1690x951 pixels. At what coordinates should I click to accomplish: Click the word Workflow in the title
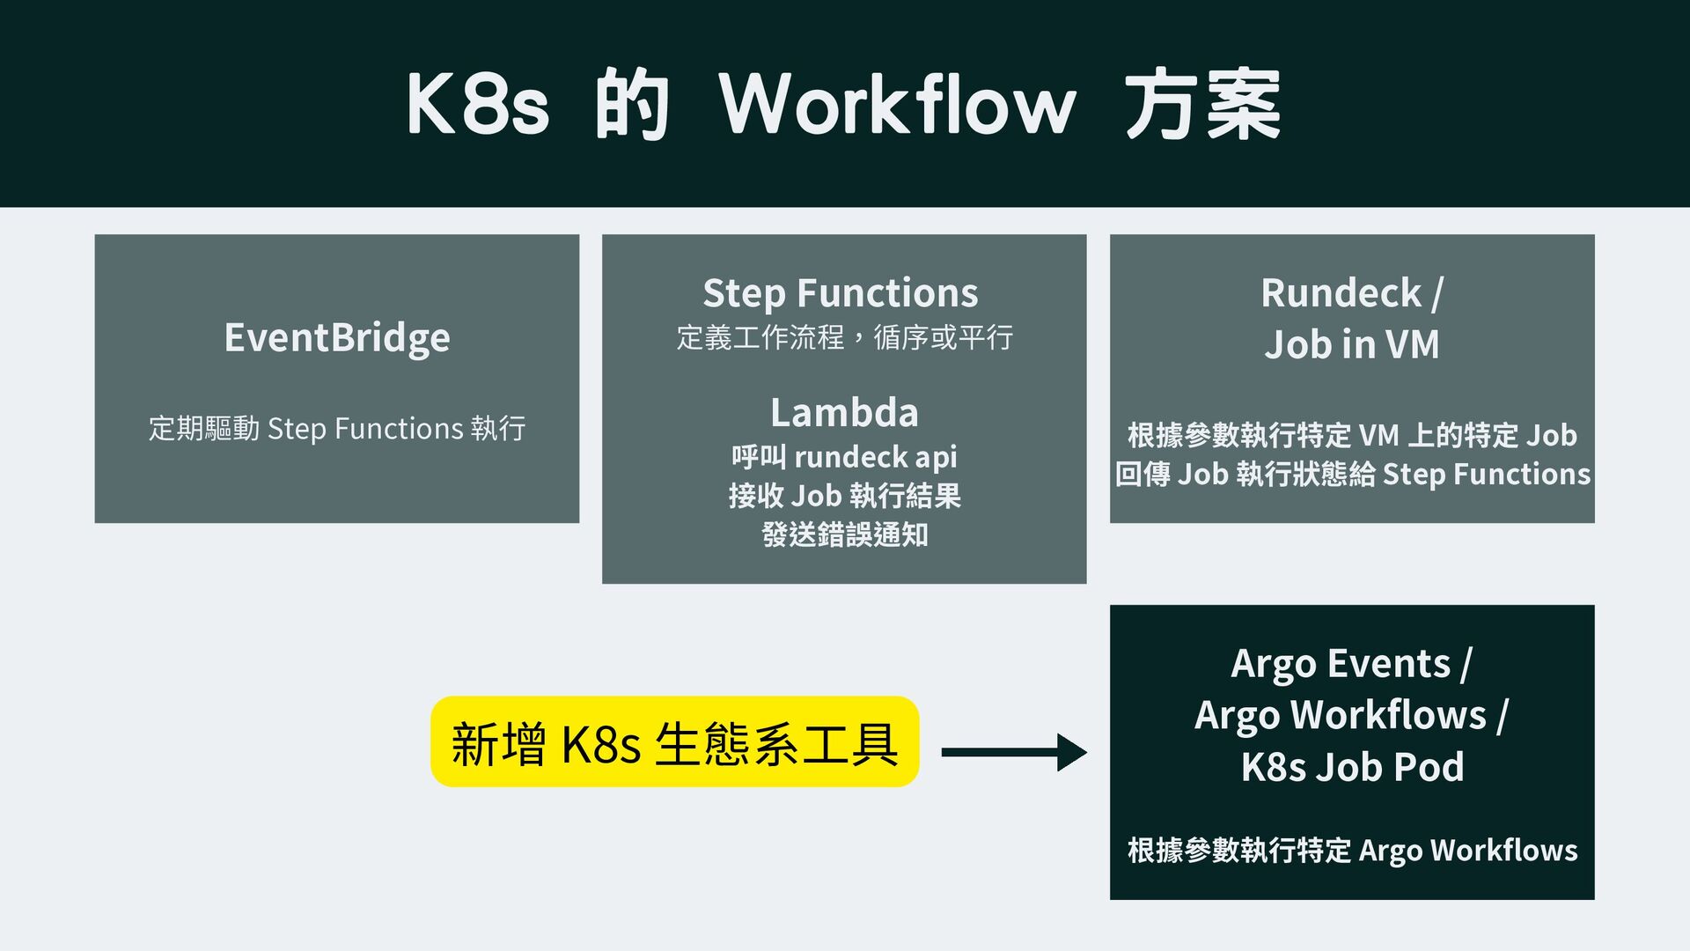[897, 105]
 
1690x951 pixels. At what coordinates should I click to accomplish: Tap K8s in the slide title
[477, 105]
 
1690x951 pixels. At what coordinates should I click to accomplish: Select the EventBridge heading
[337, 338]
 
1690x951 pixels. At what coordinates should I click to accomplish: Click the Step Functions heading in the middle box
[840, 293]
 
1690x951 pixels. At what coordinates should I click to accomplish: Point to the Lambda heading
[844, 412]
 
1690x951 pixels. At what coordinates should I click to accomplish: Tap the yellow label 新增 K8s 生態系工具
[674, 742]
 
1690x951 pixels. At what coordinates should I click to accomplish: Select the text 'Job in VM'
[1352, 344]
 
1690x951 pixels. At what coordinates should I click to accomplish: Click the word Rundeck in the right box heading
[1341, 293]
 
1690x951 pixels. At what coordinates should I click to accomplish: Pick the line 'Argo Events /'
[1351, 664]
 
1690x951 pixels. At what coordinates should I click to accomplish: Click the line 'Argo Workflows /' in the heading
[1351, 715]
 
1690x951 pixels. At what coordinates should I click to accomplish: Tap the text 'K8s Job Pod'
[1352, 767]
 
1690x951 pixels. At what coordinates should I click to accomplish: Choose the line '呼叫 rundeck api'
[844, 457]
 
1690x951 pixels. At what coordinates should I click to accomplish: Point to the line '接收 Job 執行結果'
[844, 496]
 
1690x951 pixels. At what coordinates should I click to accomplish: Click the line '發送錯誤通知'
[844, 534]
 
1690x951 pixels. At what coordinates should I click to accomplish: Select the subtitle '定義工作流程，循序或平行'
[844, 337]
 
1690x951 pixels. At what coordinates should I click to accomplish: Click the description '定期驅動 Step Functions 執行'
[337, 429]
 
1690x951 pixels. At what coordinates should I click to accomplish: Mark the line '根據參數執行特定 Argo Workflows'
[1352, 851]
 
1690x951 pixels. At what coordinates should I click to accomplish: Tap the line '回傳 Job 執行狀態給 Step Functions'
[1352, 475]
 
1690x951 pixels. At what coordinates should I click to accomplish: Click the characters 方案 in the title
[1202, 105]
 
